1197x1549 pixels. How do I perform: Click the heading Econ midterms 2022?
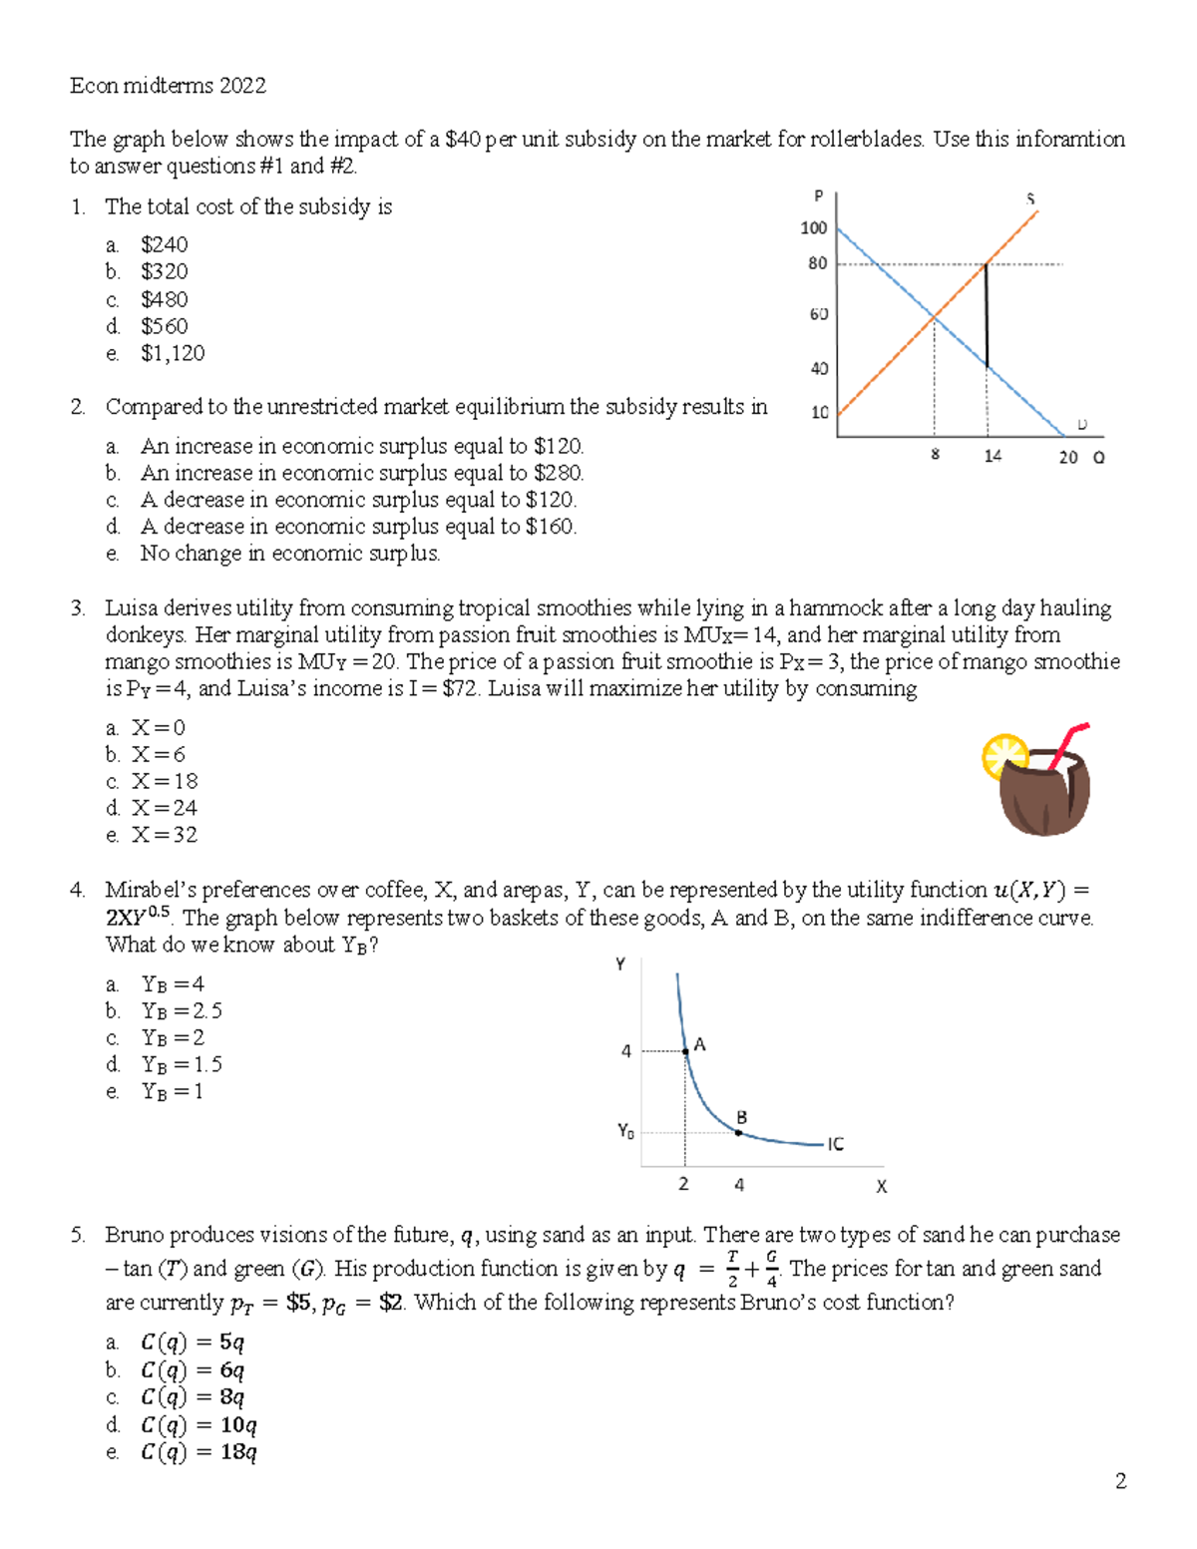168,86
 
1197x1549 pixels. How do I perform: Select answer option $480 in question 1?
164,299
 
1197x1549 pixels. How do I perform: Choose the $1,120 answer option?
173,353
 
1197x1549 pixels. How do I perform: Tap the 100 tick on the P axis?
814,228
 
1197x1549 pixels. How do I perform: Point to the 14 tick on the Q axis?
993,456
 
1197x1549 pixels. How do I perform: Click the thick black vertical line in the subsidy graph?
987,315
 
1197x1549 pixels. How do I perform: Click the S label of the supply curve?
1030,199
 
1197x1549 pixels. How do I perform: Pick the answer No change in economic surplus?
289,554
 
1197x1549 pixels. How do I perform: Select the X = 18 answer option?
165,781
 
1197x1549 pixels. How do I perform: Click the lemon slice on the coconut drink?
1001,754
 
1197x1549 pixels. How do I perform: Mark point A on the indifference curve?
685,1051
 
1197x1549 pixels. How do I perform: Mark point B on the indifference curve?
739,1132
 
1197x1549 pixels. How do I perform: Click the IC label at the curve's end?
835,1144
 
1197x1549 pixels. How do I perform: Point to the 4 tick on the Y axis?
626,1051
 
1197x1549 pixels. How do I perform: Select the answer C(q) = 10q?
199,1424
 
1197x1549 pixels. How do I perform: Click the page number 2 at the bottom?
1120,1481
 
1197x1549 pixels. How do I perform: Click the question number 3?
78,608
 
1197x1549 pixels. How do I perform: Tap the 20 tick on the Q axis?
1068,457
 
